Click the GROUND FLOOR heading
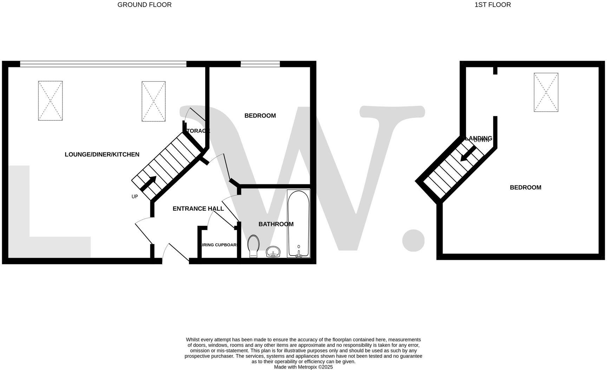144,5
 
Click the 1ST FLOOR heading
492,5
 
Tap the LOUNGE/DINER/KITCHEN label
102,154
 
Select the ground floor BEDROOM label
260,116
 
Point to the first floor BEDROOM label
525,187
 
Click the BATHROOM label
276,224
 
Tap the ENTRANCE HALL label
198,209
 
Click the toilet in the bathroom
253,246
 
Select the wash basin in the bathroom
273,252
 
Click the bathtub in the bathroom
298,223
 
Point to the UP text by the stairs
135,197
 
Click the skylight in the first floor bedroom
546,92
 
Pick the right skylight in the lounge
154,101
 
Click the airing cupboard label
219,245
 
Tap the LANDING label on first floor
478,138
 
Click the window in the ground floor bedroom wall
260,64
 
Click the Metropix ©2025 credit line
303,367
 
